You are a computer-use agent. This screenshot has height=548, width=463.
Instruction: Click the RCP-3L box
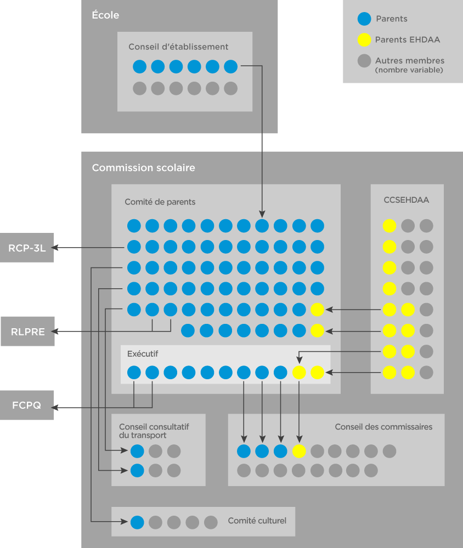26,248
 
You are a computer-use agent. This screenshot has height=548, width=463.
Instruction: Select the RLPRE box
27,332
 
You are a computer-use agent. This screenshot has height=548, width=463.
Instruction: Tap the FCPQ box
26,406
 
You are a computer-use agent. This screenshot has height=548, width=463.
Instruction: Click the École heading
105,15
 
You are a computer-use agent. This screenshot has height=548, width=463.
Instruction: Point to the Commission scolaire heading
143,168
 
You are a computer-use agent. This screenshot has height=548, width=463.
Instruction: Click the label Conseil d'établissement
178,47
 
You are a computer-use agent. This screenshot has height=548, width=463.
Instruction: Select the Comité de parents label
160,202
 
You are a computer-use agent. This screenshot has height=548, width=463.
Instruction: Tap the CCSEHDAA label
406,200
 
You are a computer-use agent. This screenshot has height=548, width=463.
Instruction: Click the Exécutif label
143,354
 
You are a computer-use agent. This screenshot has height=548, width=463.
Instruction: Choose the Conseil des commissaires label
383,427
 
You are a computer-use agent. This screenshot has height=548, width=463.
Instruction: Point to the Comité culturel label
257,521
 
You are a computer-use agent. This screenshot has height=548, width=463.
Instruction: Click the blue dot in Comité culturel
137,522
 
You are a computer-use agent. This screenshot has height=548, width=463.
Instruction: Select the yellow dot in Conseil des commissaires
299,451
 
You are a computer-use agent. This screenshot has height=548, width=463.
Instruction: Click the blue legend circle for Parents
364,19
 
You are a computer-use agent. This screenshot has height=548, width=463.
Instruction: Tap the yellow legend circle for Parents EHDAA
364,39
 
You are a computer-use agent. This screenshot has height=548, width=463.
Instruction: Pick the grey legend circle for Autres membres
364,61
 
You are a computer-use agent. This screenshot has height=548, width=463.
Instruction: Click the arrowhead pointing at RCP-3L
56,248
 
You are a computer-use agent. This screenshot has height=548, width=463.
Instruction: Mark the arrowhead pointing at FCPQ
56,407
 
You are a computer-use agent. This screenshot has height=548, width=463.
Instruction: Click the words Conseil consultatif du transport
154,431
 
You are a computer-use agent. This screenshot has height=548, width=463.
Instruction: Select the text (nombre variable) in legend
409,70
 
